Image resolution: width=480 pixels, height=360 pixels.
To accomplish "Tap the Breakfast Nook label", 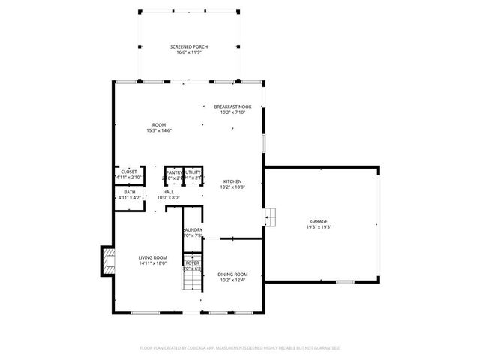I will pyautogui.click(x=232, y=107).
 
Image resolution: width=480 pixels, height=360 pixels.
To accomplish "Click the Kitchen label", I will pyautogui.click(x=232, y=182).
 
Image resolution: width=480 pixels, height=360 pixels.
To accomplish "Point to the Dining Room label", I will pyautogui.click(x=232, y=274).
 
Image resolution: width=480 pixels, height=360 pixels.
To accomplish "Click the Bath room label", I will pyautogui.click(x=130, y=192).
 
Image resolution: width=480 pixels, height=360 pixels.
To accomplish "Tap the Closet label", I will pyautogui.click(x=129, y=172).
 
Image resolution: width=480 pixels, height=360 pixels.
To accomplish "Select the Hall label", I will pyautogui.click(x=169, y=192).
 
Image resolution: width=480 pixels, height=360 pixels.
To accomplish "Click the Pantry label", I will pyautogui.click(x=174, y=172).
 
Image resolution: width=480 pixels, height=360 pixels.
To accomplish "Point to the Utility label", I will pyautogui.click(x=193, y=172).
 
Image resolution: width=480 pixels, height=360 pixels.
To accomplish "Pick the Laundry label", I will pyautogui.click(x=193, y=230).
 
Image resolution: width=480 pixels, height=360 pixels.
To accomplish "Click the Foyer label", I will pyautogui.click(x=193, y=263).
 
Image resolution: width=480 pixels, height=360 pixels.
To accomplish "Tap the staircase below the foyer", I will pyautogui.click(x=193, y=281).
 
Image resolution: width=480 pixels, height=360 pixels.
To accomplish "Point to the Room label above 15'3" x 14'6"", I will pyautogui.click(x=159, y=124).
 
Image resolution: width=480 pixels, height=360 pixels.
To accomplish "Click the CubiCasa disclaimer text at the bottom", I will pyautogui.click(x=240, y=348).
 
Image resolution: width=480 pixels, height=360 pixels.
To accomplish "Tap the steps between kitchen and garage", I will pyautogui.click(x=271, y=217).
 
